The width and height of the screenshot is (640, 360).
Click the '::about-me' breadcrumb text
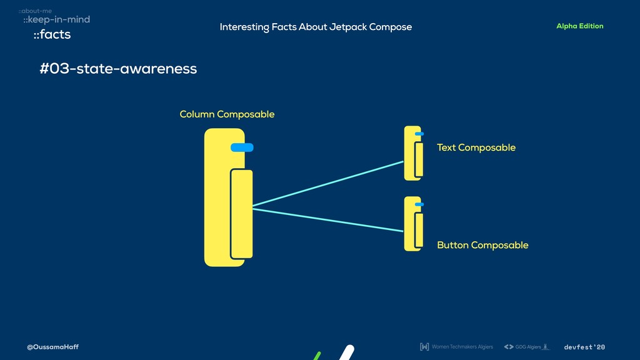point(35,11)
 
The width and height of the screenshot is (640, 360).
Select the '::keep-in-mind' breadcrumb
point(56,19)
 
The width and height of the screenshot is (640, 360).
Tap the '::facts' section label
point(52,34)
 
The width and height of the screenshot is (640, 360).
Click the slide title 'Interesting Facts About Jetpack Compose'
point(316,27)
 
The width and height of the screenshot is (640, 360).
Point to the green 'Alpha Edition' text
point(579,26)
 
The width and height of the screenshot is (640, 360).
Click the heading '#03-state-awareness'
point(118,69)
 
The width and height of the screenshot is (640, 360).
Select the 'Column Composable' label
point(227,114)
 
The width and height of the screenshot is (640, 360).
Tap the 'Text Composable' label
point(476,147)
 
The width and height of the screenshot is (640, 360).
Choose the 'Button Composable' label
point(482,245)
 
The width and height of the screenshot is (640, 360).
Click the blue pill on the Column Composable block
point(242,147)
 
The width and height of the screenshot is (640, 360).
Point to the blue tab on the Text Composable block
point(419,134)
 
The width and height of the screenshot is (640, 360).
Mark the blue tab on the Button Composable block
point(419,204)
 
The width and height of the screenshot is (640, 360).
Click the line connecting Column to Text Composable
point(328,184)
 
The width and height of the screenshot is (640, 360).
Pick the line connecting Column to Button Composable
point(328,219)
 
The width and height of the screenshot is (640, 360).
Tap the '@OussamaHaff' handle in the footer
point(52,347)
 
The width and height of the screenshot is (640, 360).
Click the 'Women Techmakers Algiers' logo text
point(462,347)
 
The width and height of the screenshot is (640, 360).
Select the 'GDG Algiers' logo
point(526,347)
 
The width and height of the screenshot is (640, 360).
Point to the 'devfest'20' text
point(584,347)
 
